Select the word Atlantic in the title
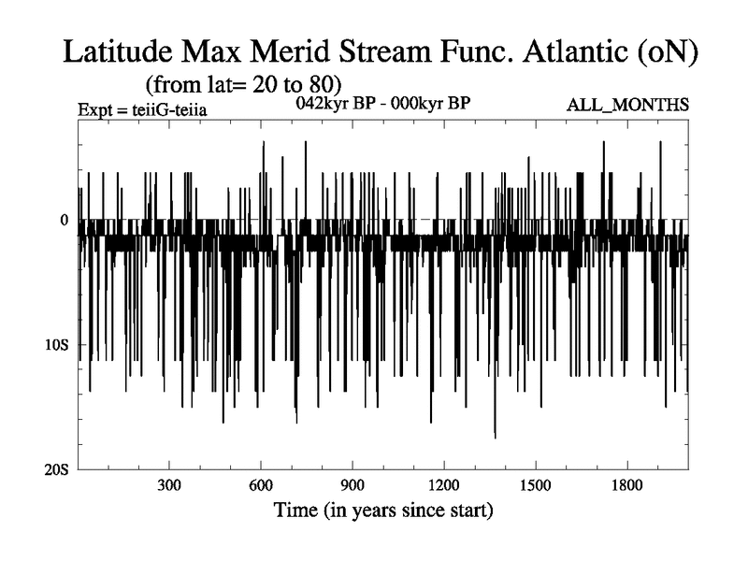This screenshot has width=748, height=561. coord(554,52)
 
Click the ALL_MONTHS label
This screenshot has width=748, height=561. coord(627,104)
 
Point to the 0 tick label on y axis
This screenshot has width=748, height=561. coord(65,220)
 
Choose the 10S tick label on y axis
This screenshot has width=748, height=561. coord(58,345)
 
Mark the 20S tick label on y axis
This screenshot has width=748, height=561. coord(58,469)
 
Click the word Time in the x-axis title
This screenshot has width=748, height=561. coord(295,511)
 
